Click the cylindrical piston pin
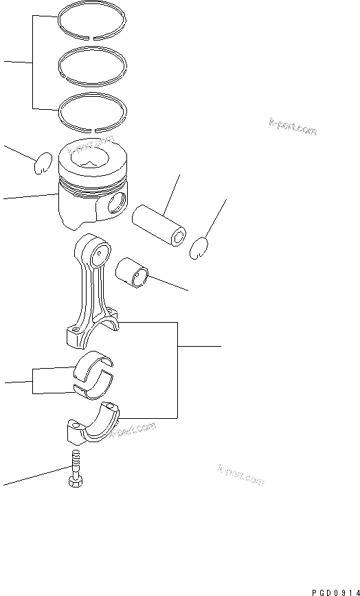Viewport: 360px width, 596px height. [x=157, y=226]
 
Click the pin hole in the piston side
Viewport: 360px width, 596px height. [x=116, y=203]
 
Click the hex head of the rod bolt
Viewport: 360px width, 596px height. [x=74, y=483]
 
